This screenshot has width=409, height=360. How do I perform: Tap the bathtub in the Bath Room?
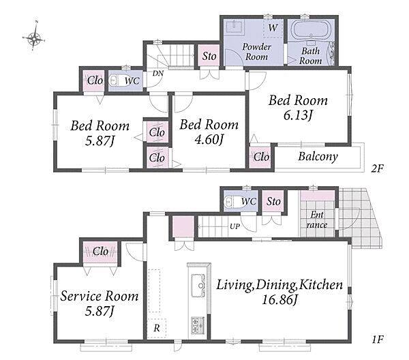pyautogui.click(x=311, y=30)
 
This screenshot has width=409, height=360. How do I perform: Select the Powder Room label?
pyautogui.click(x=257, y=52)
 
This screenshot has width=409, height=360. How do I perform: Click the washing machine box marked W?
pyautogui.click(x=273, y=28)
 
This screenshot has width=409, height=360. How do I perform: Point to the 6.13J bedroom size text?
pyautogui.click(x=298, y=115)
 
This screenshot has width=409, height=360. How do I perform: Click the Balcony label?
pyautogui.click(x=318, y=157)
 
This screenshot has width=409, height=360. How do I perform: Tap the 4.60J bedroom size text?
pyautogui.click(x=209, y=140)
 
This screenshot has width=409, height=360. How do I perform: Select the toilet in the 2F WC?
pyautogui.click(x=116, y=80)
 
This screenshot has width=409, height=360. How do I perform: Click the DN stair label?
pyautogui.click(x=158, y=74)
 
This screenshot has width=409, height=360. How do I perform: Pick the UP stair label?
pyautogui.click(x=234, y=226)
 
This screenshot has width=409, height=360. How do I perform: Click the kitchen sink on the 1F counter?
pyautogui.click(x=198, y=286)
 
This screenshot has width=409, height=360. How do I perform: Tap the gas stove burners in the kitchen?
pyautogui.click(x=198, y=325)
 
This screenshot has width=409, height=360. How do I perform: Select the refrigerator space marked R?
pyautogui.click(x=157, y=328)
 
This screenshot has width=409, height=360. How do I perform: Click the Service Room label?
pyautogui.click(x=100, y=297)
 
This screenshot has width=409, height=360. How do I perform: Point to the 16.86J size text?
pyautogui.click(x=279, y=300)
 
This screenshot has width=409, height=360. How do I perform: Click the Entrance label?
pyautogui.click(x=317, y=220)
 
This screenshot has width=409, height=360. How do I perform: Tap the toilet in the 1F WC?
pyautogui.click(x=232, y=202)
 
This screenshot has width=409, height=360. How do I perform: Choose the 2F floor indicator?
pyautogui.click(x=378, y=168)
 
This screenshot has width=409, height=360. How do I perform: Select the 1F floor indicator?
pyautogui.click(x=378, y=340)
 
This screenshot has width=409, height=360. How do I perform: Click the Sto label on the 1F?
pyautogui.click(x=273, y=201)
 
